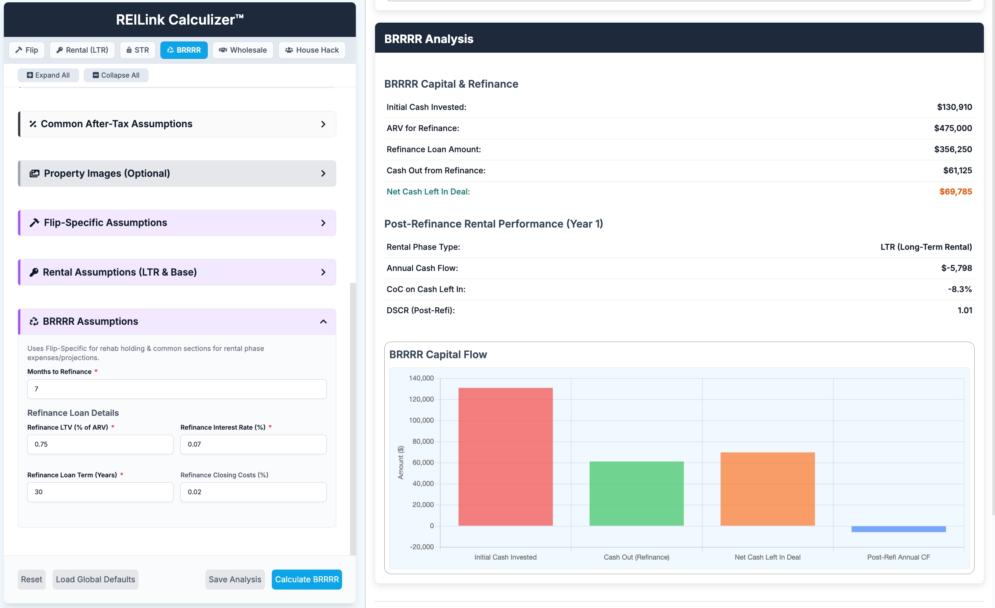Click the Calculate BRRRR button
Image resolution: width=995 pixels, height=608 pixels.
306,579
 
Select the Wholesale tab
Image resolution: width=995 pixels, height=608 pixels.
243,50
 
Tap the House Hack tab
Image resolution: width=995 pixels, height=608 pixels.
312,50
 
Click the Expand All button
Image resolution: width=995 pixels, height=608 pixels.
48,75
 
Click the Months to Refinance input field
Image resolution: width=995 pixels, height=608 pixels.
177,389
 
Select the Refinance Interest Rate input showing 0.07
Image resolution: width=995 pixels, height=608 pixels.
253,444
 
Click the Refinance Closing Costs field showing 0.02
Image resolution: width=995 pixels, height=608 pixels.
253,492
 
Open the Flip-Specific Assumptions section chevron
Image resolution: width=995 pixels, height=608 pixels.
323,223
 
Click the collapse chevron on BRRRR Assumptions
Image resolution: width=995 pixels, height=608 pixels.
323,322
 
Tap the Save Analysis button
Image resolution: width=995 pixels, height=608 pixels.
235,579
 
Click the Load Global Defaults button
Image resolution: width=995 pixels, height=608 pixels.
95,579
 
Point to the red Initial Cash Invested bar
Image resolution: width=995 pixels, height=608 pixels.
505,457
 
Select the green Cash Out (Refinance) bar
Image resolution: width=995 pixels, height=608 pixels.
636,493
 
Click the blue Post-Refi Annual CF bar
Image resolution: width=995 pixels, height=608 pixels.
899,529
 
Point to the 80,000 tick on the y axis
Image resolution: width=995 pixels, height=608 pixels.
423,442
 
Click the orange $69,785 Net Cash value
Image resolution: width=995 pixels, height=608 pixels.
955,192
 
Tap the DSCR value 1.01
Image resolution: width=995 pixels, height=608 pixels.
965,311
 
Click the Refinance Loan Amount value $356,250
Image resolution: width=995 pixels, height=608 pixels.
953,150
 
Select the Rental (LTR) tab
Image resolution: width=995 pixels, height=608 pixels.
83,50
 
